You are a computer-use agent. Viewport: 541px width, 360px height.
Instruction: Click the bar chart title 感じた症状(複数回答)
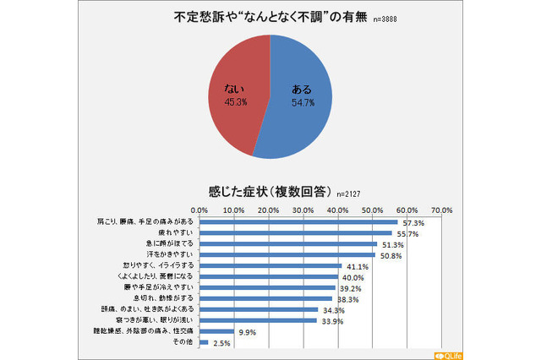tap(268, 189)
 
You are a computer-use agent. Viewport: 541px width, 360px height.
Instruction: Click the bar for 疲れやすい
tap(296, 232)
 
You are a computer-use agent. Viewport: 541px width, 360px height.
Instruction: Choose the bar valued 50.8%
tap(287, 254)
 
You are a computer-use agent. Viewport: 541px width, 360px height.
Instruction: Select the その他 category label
tap(183, 342)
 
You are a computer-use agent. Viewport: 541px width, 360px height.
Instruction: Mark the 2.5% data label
tap(222, 342)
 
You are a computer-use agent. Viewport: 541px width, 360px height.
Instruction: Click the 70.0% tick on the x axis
tap(441, 210)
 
